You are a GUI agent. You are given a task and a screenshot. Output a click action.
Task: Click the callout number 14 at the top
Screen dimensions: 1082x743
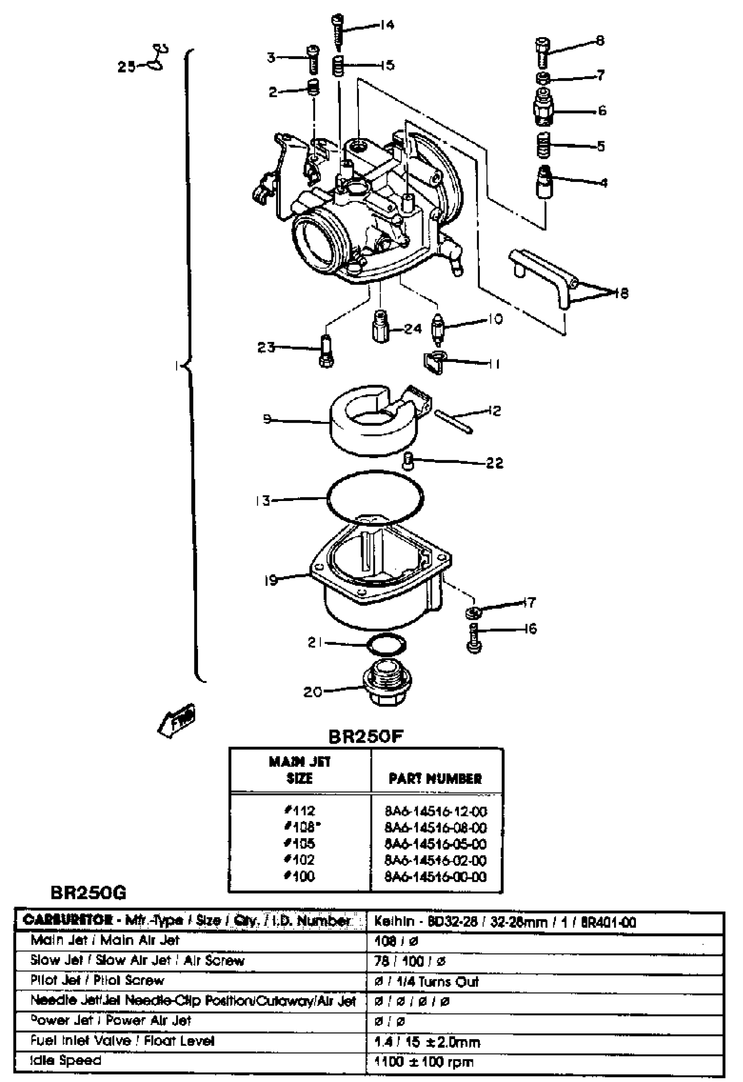coord(386,24)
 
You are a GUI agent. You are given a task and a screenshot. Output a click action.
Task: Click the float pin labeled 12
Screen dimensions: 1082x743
coord(454,422)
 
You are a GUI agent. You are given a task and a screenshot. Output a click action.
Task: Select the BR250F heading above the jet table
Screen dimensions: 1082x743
coord(366,737)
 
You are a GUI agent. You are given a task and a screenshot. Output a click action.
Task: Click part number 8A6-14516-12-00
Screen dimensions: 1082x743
coord(435,812)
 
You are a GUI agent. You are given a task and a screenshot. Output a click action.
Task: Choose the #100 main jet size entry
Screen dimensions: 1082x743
coord(300,877)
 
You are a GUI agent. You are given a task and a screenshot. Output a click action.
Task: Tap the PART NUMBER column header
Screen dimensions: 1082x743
coord(435,779)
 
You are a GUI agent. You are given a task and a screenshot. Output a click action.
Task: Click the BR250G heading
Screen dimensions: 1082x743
coord(88,893)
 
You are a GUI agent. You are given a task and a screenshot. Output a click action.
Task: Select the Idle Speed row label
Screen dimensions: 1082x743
coord(66,1060)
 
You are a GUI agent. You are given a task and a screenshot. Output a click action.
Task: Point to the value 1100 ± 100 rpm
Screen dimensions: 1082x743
coord(424,1062)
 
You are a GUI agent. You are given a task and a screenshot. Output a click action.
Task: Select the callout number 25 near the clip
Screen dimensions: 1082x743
coord(126,66)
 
